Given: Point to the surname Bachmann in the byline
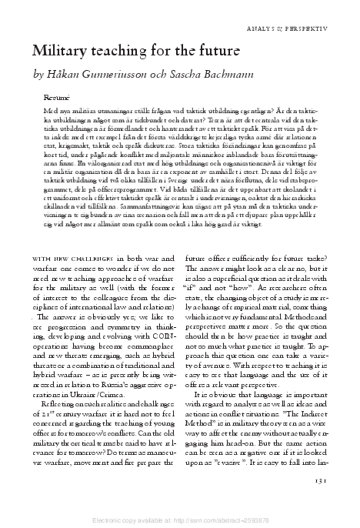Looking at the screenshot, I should [229, 75].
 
